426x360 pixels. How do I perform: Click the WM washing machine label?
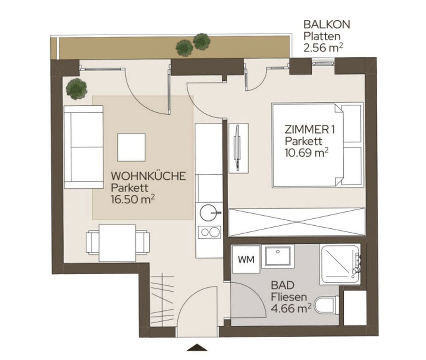(x=246, y=260)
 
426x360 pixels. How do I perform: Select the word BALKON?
(x=327, y=25)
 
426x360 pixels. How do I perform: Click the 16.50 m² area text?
(x=133, y=199)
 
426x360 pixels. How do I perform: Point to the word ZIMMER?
(x=306, y=130)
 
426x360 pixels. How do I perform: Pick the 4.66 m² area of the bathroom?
(x=291, y=308)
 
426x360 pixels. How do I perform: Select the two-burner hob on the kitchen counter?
(x=209, y=232)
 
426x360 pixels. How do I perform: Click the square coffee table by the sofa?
(x=131, y=147)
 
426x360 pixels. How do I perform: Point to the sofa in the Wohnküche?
(x=84, y=147)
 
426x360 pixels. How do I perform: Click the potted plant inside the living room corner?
(x=77, y=89)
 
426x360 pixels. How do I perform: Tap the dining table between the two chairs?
(x=118, y=243)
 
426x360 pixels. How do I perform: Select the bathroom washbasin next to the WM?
(x=278, y=256)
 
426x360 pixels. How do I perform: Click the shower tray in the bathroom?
(x=340, y=264)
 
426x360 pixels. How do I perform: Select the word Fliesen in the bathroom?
(x=289, y=297)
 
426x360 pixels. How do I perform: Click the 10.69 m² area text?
(x=307, y=153)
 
